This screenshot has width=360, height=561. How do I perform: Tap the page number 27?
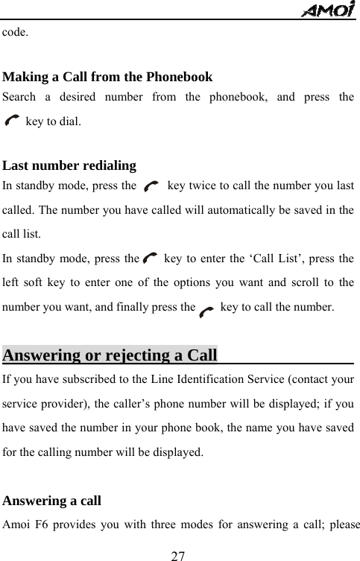(178, 555)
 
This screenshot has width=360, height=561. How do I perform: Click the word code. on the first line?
(16, 33)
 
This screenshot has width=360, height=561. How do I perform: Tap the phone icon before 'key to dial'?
(13, 119)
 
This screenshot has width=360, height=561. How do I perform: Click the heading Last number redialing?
(69, 165)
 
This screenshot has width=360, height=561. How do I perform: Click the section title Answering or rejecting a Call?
(110, 353)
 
